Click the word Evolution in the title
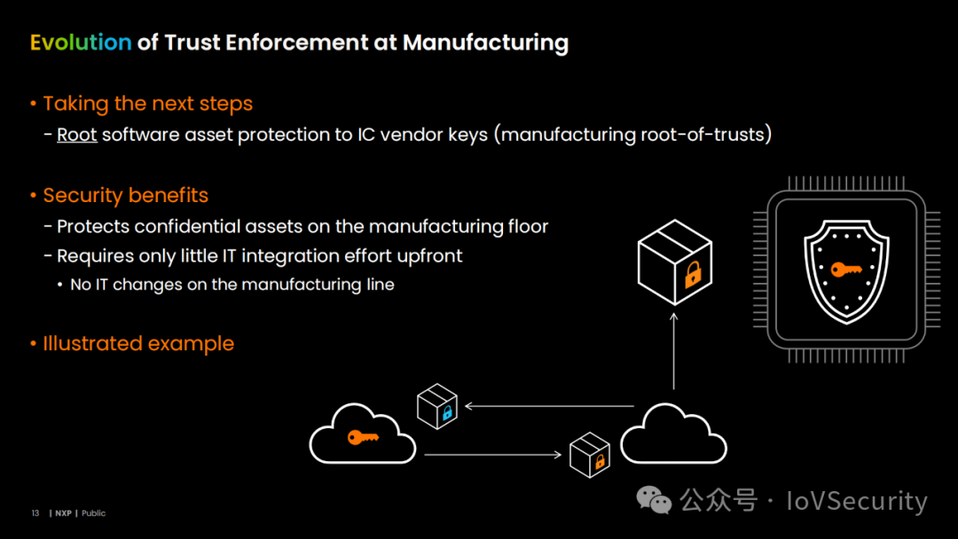pos(81,43)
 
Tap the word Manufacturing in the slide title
pos(486,43)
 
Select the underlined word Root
pos(77,134)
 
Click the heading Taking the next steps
pos(148,104)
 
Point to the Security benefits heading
pos(126,195)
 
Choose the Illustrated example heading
pos(138,343)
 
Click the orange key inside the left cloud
pos(363,437)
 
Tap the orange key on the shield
pos(846,269)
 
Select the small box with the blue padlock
pos(436,406)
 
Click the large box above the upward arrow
pos(674,262)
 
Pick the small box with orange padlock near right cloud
pos(590,455)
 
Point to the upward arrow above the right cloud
pos(674,351)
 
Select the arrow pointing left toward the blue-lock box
pos(549,406)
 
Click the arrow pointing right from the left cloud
pos(492,455)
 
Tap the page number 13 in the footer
pos(35,513)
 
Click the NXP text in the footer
pos(64,513)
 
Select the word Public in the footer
pos(93,513)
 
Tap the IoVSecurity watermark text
pos(857,501)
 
